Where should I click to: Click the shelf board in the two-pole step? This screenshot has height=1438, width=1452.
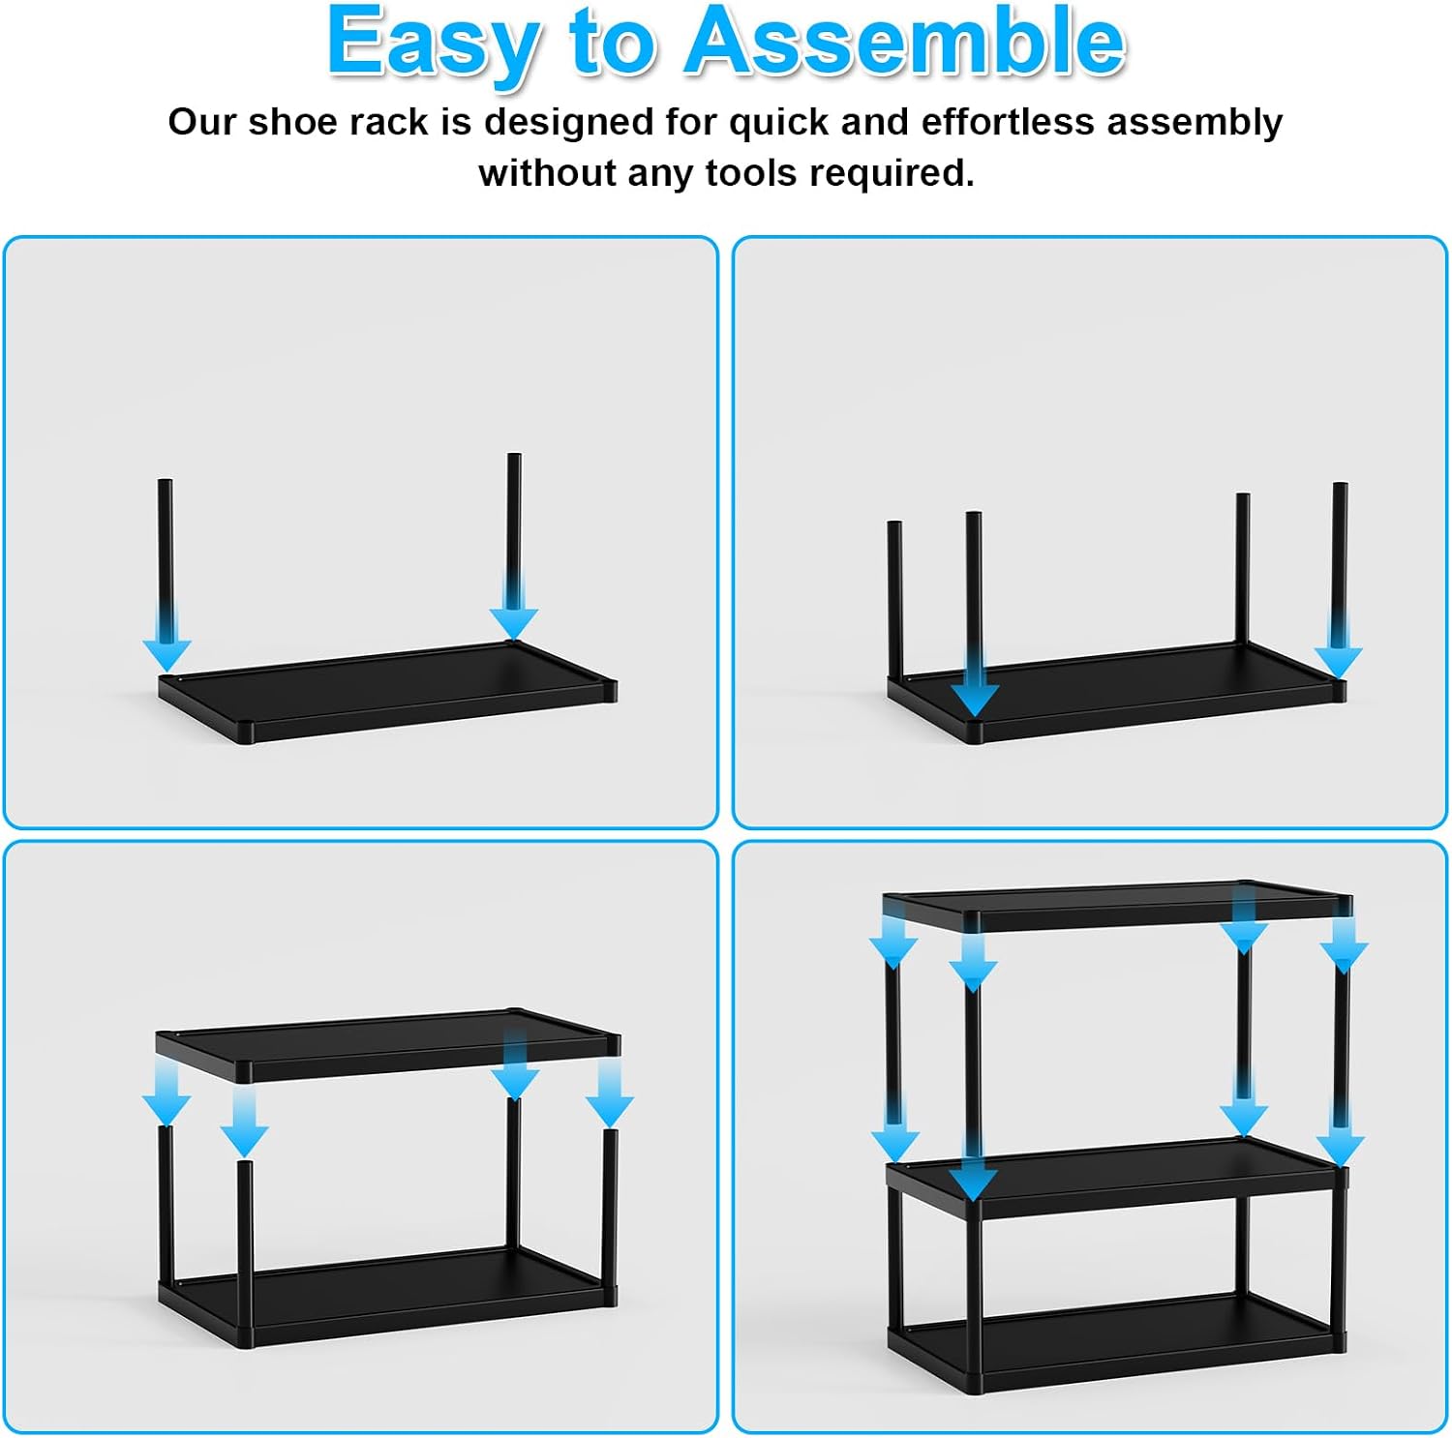(388, 691)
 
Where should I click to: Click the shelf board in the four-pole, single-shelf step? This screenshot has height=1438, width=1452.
(1116, 692)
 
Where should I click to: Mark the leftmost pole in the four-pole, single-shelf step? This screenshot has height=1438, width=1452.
(895, 600)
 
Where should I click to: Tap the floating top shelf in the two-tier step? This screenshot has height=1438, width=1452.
(388, 1045)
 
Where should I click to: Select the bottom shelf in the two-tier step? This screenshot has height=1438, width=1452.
(388, 1298)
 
